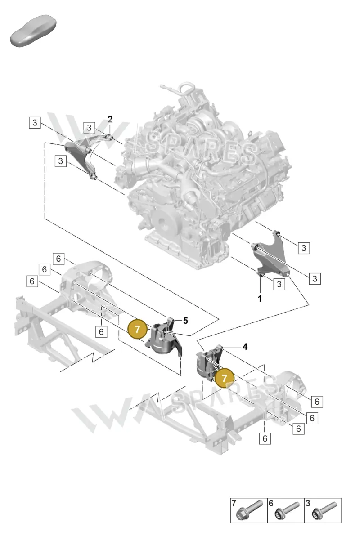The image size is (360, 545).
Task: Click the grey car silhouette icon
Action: click(x=33, y=31)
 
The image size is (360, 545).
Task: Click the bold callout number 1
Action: click(x=260, y=299)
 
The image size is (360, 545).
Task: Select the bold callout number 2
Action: click(x=110, y=119)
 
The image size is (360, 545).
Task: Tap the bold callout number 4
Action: click(x=245, y=347)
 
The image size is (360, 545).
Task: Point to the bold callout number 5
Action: click(x=185, y=321)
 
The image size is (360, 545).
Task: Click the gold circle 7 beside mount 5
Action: click(x=138, y=329)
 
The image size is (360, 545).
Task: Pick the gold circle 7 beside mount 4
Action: click(x=225, y=378)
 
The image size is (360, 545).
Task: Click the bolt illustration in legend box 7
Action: click(x=249, y=510)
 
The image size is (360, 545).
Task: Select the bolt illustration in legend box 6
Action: click(x=287, y=510)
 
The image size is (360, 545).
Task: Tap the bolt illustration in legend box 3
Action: click(x=324, y=510)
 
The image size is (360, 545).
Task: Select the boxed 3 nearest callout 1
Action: click(x=279, y=284)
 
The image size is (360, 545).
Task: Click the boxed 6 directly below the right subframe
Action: click(x=265, y=438)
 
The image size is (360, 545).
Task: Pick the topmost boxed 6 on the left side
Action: click(x=58, y=259)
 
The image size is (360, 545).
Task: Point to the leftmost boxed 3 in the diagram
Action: click(x=35, y=123)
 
